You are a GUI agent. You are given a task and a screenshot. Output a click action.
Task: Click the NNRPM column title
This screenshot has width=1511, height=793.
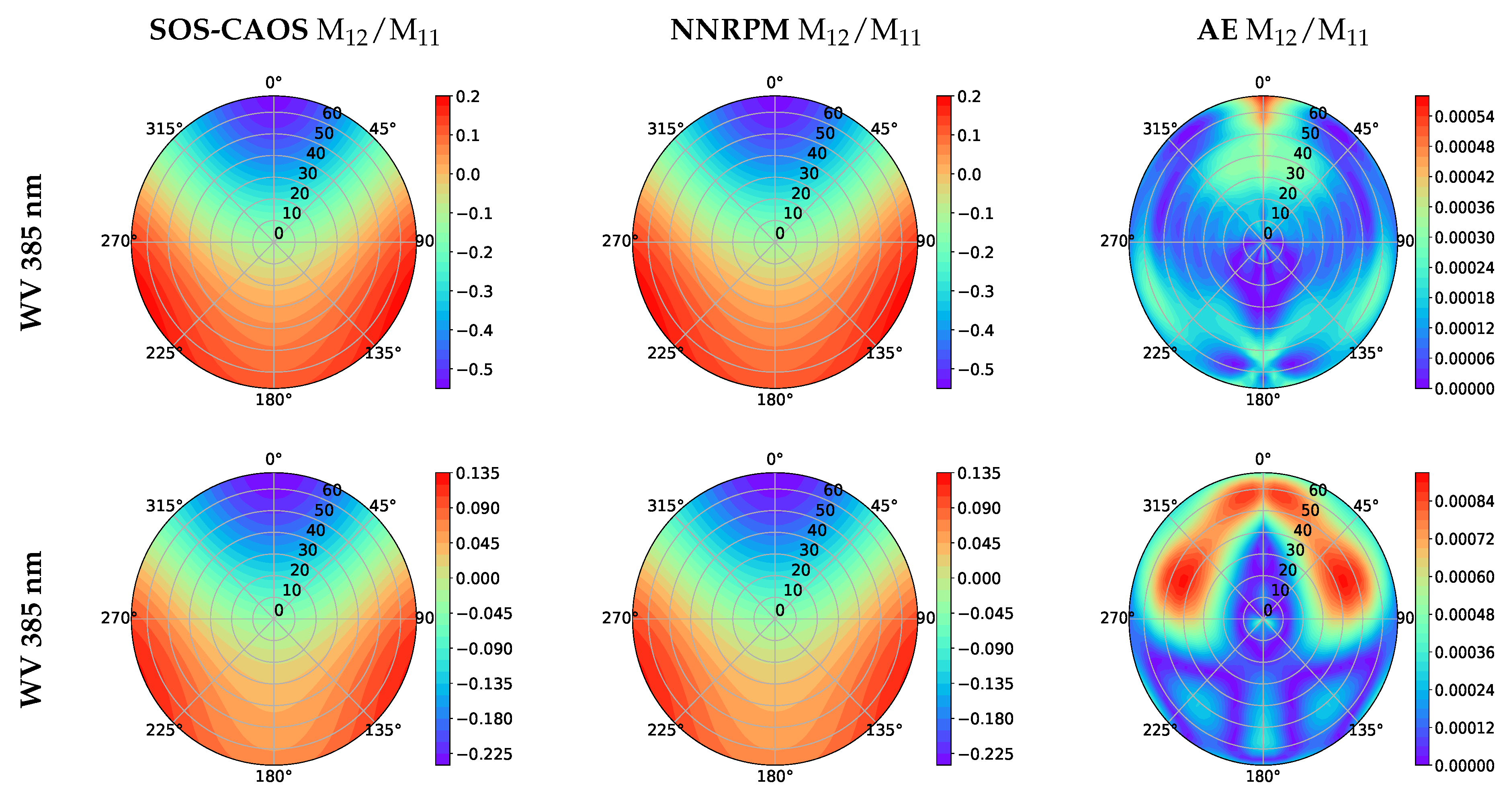point(795,31)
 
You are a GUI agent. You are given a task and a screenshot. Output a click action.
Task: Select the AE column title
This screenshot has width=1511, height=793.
point(1282,31)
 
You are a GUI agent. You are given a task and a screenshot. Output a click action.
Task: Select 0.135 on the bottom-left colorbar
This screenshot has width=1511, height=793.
point(477,473)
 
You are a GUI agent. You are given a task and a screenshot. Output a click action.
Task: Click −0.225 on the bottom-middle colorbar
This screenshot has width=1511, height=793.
point(985,754)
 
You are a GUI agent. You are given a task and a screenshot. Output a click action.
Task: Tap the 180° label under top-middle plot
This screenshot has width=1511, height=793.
point(774,400)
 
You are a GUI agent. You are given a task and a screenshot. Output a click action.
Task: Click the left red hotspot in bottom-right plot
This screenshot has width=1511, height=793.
point(1180,581)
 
